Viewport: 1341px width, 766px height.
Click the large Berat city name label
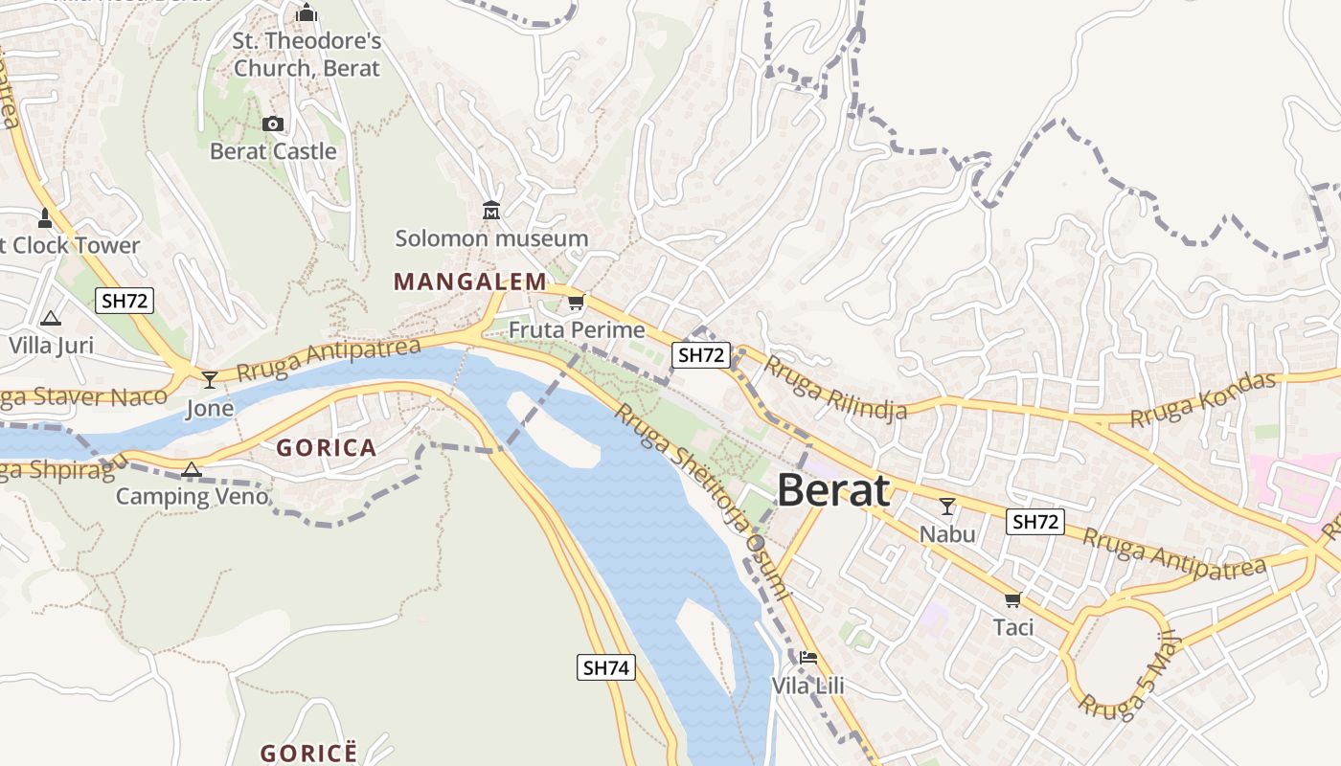(x=832, y=490)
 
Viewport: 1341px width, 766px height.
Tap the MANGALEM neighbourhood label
(x=469, y=282)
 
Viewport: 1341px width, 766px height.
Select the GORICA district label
(x=326, y=447)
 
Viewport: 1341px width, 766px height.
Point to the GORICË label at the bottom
(x=308, y=753)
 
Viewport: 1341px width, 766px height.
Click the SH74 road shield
(x=606, y=667)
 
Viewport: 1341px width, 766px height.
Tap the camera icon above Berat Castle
(x=273, y=124)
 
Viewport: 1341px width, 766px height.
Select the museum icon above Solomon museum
(x=491, y=210)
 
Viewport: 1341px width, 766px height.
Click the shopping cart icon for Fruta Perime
(x=576, y=303)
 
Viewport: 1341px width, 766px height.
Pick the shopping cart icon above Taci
(x=1012, y=599)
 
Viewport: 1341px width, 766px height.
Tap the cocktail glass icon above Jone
(x=210, y=380)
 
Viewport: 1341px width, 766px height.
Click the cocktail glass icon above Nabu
(x=947, y=506)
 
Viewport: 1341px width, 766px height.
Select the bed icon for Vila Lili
(x=808, y=658)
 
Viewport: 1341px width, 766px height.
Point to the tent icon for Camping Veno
(x=192, y=468)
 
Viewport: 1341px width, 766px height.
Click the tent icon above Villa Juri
(x=51, y=317)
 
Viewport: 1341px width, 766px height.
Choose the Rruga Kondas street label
(x=1203, y=399)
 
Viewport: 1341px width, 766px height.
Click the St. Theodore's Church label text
(x=307, y=55)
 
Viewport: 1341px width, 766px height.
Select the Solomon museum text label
(x=491, y=238)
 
